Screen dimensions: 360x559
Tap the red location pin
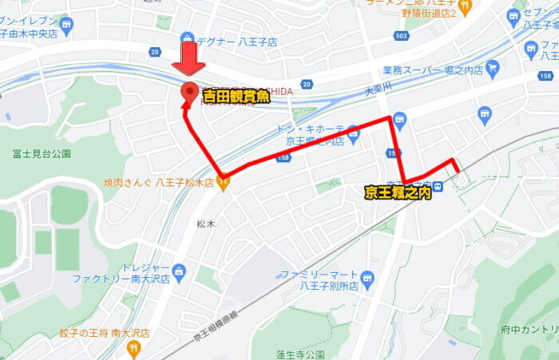[189, 93]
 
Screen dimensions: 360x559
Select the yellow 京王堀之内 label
[398, 192]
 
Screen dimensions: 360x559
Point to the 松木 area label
[206, 224]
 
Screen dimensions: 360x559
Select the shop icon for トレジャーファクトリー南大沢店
[179, 272]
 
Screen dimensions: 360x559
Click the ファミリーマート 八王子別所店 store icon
[367, 279]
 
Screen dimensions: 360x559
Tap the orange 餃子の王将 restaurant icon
[133, 348]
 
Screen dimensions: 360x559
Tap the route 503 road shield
[401, 37]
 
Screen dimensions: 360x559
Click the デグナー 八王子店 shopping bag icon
[187, 37]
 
